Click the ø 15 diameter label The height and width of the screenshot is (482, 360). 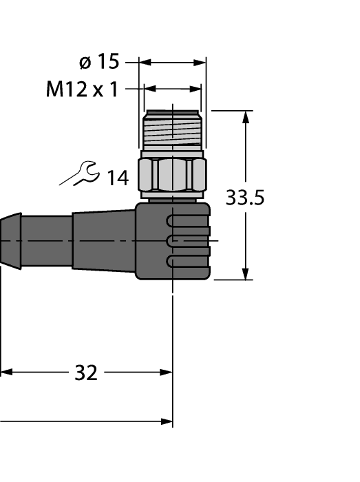coord(99,62)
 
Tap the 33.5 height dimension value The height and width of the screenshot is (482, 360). coord(245,198)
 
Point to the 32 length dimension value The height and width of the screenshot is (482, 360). coord(85,373)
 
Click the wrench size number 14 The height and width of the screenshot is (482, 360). coord(117,178)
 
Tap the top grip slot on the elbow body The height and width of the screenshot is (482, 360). coord(188,221)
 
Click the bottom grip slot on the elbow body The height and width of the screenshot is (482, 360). coord(188,261)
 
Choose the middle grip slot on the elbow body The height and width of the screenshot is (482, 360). coord(188,241)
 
